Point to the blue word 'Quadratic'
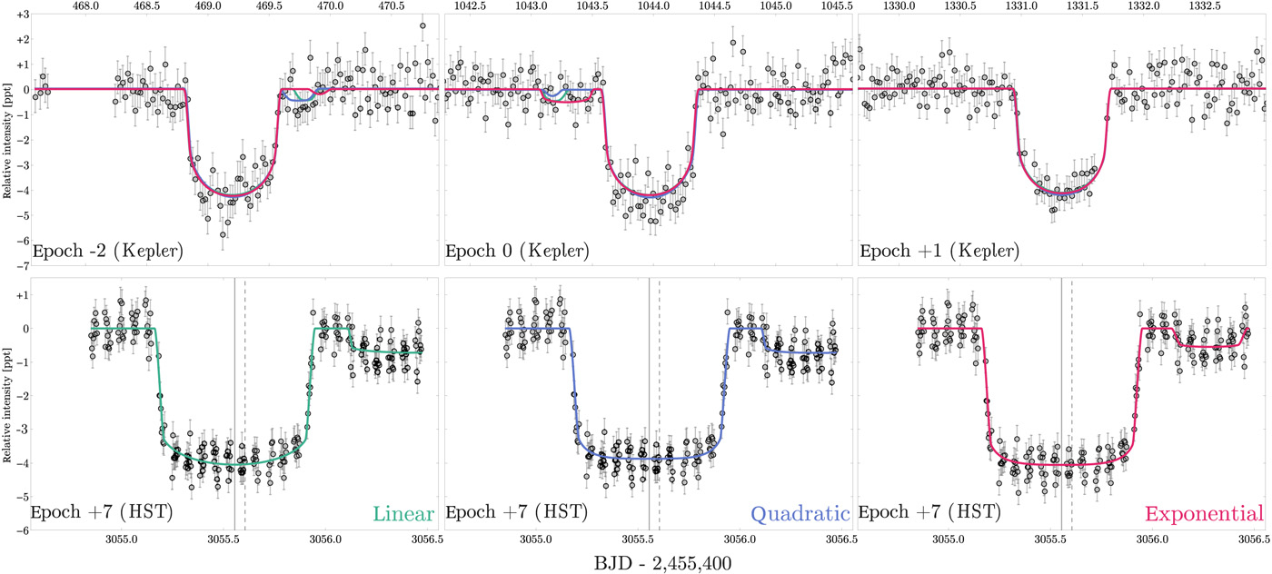[800, 514]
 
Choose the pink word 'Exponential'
[1204, 514]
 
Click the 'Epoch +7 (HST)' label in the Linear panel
[102, 514]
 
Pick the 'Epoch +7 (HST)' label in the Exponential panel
[929, 514]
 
